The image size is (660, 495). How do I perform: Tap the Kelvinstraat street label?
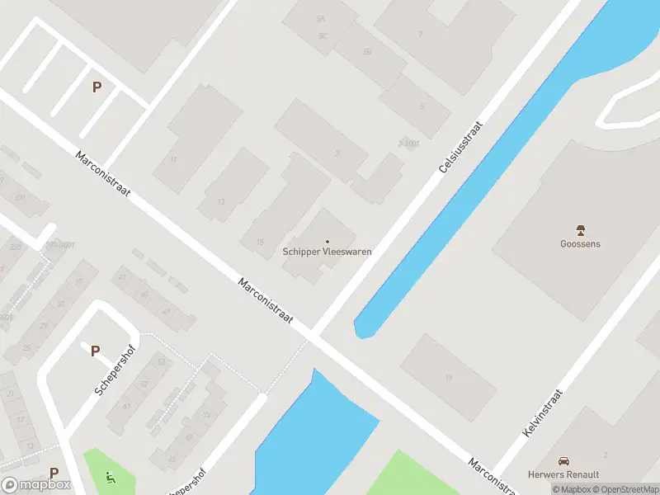[x=541, y=412]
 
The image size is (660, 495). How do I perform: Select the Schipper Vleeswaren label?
[x=327, y=252]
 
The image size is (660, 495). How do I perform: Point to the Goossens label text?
[x=580, y=243]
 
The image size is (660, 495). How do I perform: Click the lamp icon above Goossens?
[x=580, y=230]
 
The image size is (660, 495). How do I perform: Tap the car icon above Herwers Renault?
[x=564, y=461]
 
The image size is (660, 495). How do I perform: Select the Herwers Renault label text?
[x=564, y=474]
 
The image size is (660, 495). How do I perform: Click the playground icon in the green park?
[x=110, y=475]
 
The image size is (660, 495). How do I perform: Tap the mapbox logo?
[x=36, y=485]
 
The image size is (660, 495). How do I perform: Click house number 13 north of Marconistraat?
[x=221, y=202]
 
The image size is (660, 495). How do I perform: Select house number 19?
[x=449, y=378]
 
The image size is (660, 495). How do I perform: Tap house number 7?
[x=420, y=34]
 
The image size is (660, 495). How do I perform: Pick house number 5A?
[x=319, y=17]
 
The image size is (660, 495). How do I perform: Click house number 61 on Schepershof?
[x=126, y=407]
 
